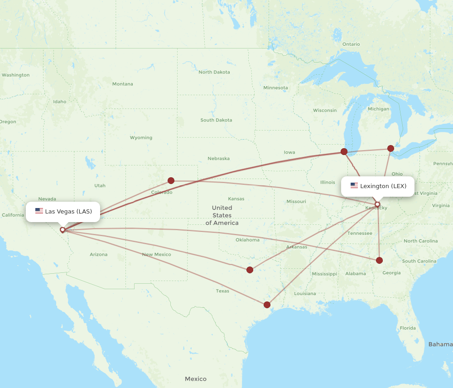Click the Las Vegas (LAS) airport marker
tap(63, 230)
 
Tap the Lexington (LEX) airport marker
tap(377, 204)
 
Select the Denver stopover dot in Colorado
tap(171, 180)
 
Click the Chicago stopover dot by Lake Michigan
tap(344, 151)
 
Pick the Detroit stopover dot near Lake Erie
tap(390, 148)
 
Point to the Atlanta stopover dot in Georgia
tap(379, 260)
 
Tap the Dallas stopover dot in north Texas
tap(250, 270)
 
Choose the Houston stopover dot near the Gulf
tap(267, 305)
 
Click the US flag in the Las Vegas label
tap(39, 211)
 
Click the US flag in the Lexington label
tap(354, 186)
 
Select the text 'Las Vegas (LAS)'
tap(68, 211)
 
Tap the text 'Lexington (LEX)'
tap(383, 186)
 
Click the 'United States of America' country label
tap(222, 215)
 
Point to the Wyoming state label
tap(141, 138)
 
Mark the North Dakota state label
tap(214, 72)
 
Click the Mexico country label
tap(196, 379)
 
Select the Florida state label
tap(408, 328)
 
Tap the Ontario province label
tap(351, 44)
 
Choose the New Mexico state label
tap(157, 254)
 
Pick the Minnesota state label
tap(275, 87)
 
